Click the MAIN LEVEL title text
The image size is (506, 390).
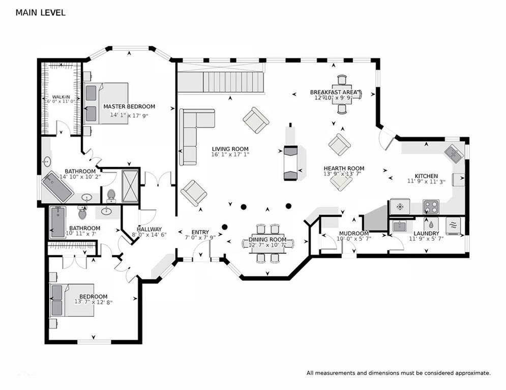[40, 13]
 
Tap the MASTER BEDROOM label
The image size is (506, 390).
[129, 106]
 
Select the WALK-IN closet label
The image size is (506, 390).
[61, 97]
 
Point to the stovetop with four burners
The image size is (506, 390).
[431, 207]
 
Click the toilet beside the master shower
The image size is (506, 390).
[111, 196]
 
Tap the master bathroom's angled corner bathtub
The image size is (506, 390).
[57, 187]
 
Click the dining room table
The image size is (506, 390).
[267, 243]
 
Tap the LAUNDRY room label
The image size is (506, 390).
[426, 234]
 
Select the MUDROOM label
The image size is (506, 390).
[353, 234]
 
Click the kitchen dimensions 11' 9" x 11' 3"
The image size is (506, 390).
[426, 181]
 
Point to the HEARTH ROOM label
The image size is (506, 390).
[344, 168]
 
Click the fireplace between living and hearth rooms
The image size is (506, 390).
[290, 163]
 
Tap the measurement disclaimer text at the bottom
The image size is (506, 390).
[399, 373]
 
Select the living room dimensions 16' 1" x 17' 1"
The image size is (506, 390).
[230, 154]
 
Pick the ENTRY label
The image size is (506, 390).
[200, 232]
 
